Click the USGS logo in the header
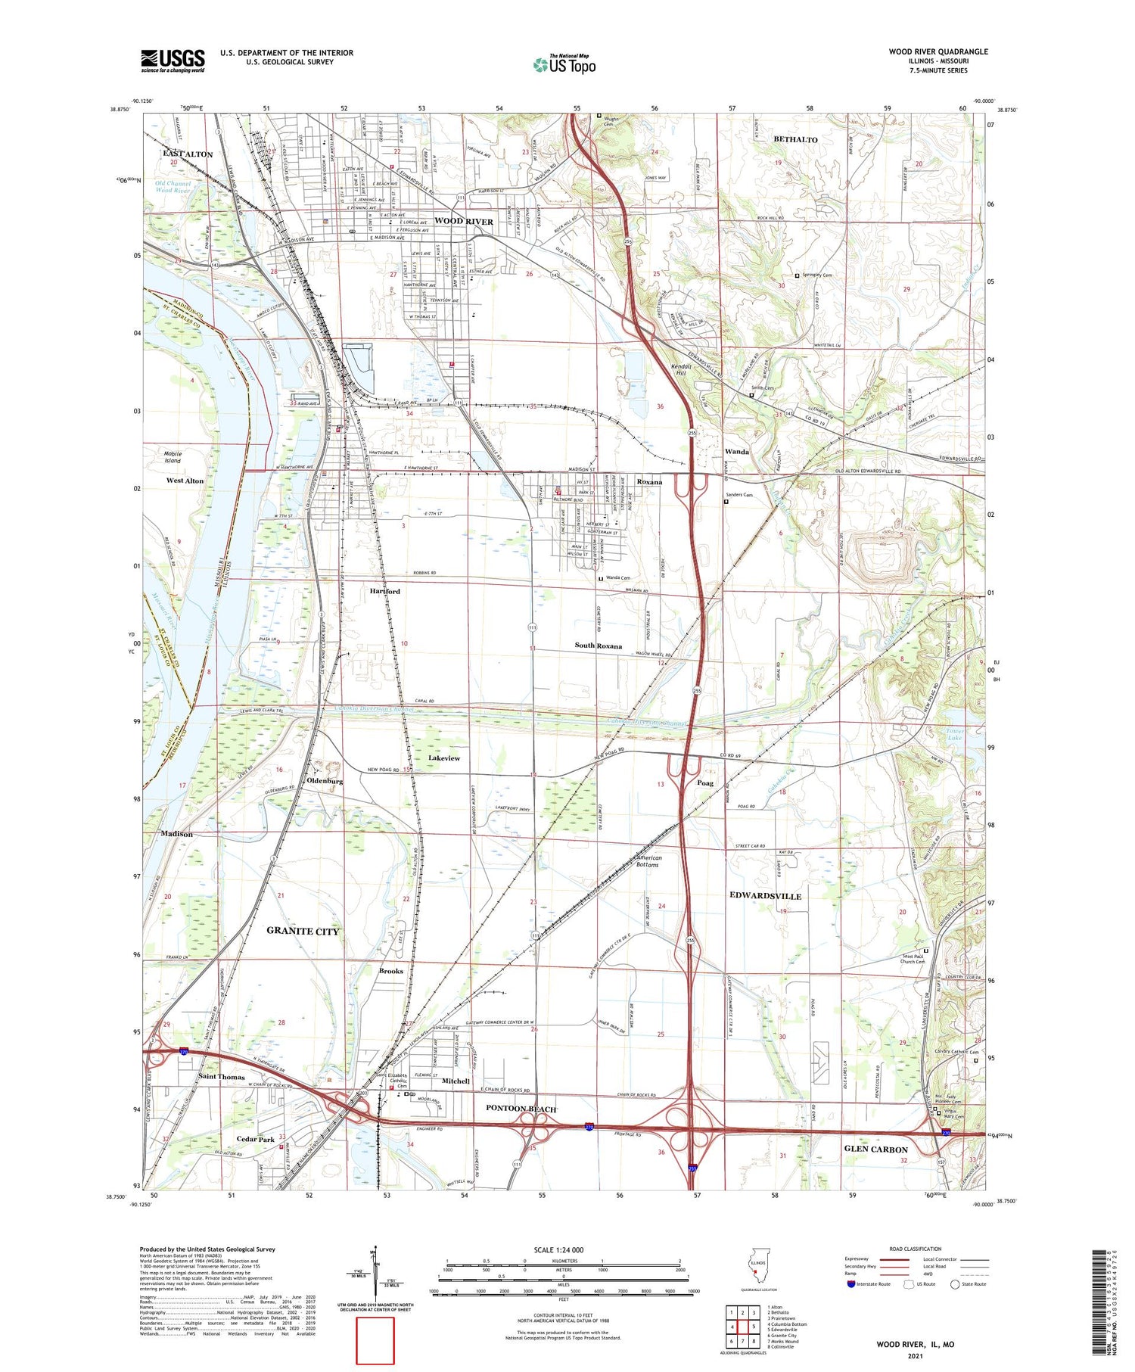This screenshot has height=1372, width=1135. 173,61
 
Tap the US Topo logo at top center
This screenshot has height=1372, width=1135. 564,64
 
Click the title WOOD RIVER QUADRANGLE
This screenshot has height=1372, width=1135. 938,51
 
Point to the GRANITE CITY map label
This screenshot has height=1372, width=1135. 303,931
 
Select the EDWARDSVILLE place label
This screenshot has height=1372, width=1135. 765,895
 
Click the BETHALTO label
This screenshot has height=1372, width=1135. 795,140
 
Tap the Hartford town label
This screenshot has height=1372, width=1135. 384,591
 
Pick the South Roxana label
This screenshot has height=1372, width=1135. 598,646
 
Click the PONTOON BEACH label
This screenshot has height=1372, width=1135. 521,1109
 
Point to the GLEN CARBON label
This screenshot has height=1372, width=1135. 875,1149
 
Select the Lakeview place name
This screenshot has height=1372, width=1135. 444,758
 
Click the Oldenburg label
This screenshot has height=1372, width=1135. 325,780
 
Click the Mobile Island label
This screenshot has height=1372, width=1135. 173,457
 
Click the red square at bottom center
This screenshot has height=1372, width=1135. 375,1340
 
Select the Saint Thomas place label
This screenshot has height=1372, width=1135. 221,1076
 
